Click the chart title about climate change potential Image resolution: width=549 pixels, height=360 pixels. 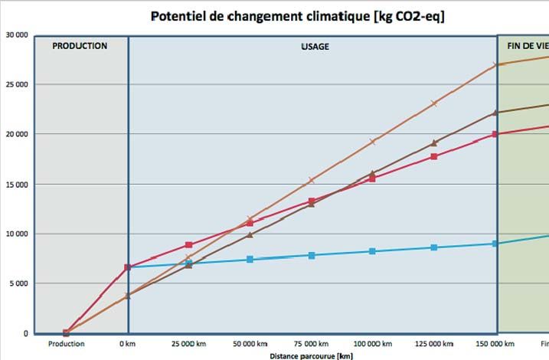pyautogui.click(x=297, y=16)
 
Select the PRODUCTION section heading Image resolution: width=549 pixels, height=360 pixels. pyautogui.click(x=80, y=46)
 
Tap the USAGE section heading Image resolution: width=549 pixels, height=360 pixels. pyautogui.click(x=315, y=47)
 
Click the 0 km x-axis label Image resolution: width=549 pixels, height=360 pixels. pyautogui.click(x=127, y=344)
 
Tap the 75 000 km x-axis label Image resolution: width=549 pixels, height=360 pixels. pyautogui.click(x=311, y=344)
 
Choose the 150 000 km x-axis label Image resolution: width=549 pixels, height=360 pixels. pyautogui.click(x=495, y=344)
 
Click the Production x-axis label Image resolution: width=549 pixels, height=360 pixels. pyautogui.click(x=66, y=344)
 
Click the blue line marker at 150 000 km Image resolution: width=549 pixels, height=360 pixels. pyautogui.click(x=495, y=244)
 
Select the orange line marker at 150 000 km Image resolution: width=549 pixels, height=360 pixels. pyautogui.click(x=495, y=64)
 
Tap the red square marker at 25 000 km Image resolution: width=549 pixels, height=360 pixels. pyautogui.click(x=188, y=245)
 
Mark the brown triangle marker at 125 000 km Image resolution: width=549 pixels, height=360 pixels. pyautogui.click(x=434, y=142)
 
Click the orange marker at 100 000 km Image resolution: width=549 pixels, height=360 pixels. pyautogui.click(x=373, y=141)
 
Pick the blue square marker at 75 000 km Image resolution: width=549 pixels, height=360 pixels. pyautogui.click(x=312, y=255)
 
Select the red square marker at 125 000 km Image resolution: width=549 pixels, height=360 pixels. pyautogui.click(x=434, y=156)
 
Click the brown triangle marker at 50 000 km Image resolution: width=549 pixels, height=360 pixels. pyautogui.click(x=250, y=234)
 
